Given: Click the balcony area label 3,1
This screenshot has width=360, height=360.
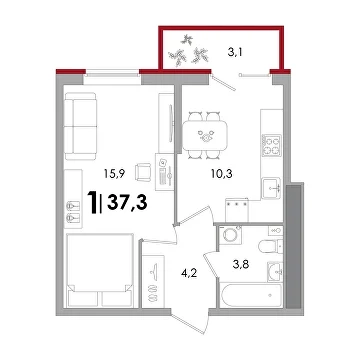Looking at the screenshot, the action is coord(234,53).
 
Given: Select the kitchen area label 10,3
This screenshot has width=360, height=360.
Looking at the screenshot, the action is coord(221,173).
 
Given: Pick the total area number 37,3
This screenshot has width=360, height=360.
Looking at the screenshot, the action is coord(127,202).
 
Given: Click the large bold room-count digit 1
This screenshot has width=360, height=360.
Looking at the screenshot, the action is coord(92,202).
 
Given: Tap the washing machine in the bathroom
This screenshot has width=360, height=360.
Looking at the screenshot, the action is coord(230,235).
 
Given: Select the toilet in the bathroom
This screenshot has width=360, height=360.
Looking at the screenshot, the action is coord(270,246).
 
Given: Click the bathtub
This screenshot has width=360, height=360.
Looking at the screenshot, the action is coord(252,295).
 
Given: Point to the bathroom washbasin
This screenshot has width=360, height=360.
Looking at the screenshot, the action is coord(275,271).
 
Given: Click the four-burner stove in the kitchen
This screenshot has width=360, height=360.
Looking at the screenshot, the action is coord(271,145).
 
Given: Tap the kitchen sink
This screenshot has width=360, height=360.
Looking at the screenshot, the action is coord(271,188).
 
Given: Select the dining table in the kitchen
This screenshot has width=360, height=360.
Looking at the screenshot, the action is coord(205,135).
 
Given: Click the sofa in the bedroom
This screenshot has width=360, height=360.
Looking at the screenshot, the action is coord(81,126).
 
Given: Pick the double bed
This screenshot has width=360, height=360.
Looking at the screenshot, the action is coord(99,270).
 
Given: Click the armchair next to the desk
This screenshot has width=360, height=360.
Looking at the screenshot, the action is coord(143,172).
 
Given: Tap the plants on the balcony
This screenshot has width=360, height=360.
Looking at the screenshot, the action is coord(188,51).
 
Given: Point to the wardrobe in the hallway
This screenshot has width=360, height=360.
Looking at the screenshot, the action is coord(153,281).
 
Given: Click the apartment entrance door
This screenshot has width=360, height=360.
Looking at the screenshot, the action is coord(190,321).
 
